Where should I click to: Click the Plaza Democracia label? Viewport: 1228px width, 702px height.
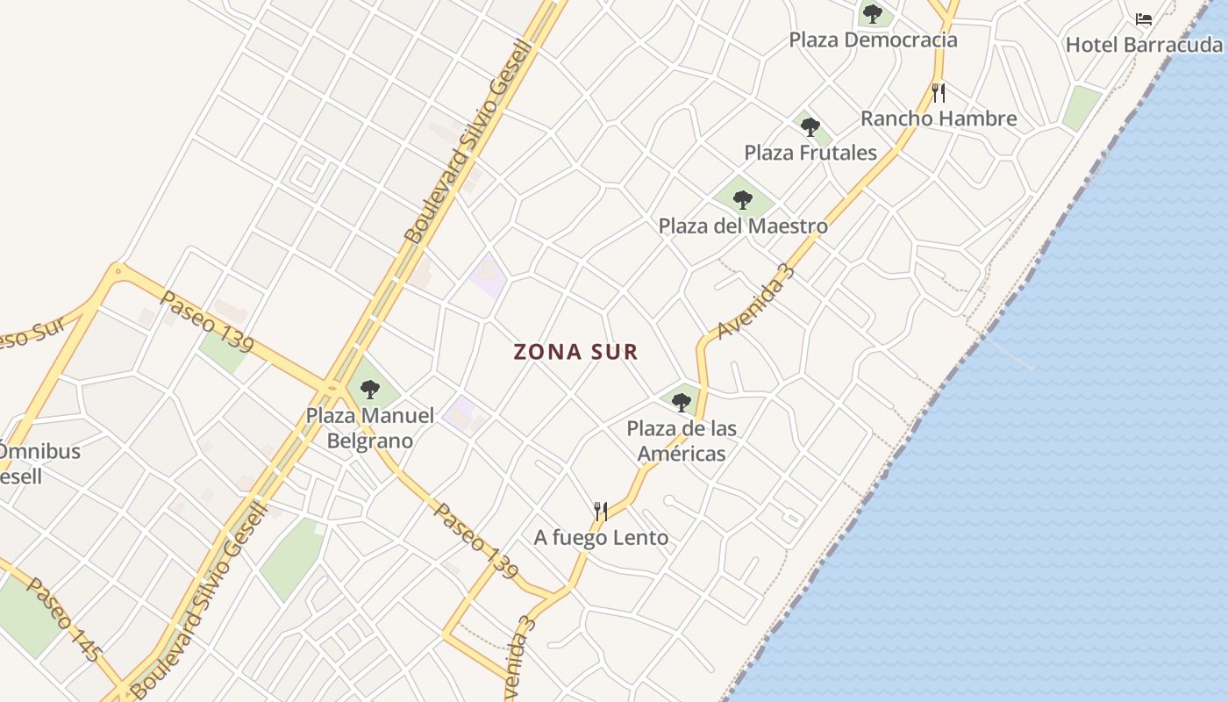[873, 40]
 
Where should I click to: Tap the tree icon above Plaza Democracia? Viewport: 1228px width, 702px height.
[872, 13]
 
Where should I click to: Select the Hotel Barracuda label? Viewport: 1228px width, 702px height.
[1144, 45]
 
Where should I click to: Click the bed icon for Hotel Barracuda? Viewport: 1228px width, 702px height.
[1143, 18]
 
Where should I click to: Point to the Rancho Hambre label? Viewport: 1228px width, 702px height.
[939, 118]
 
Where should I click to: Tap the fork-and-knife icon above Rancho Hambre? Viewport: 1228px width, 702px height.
[939, 92]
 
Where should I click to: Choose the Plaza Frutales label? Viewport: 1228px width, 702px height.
[810, 153]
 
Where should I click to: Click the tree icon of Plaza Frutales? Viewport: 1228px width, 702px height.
[810, 127]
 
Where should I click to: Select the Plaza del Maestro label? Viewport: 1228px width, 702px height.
[743, 226]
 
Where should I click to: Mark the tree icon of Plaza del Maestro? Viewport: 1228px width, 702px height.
[743, 200]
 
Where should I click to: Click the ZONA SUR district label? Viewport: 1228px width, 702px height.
[575, 352]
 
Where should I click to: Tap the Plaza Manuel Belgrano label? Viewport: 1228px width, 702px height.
[370, 427]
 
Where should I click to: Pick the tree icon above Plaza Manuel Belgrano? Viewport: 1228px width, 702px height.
[370, 389]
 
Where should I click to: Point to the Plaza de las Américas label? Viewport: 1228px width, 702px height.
[682, 441]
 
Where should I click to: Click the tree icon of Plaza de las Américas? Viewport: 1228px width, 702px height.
[682, 403]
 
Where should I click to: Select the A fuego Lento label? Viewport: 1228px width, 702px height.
[601, 538]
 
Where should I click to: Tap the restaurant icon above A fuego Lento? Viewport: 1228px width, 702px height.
[601, 511]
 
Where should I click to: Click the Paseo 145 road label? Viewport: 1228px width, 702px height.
[64, 619]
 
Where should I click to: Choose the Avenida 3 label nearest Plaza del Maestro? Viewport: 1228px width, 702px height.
[755, 302]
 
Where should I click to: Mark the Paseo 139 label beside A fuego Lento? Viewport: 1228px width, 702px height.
[475, 541]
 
